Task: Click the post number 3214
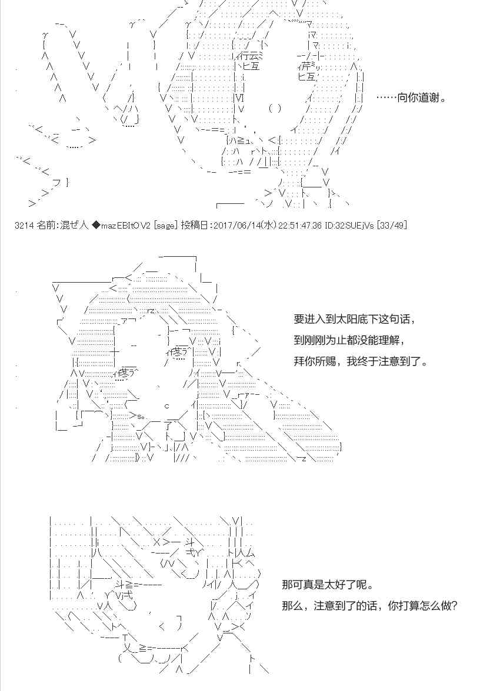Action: tap(24, 225)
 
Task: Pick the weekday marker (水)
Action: tap(268, 225)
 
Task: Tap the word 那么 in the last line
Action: tap(292, 605)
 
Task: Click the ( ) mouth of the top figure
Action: tap(274, 108)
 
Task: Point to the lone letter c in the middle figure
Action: tap(167, 406)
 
